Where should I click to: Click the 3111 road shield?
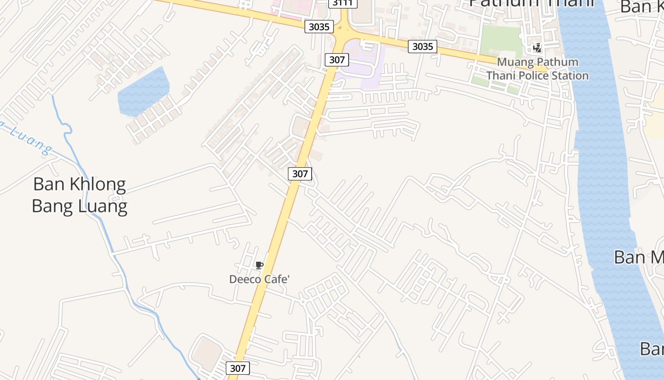pyautogui.click(x=342, y=3)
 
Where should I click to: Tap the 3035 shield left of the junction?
pyautogui.click(x=319, y=27)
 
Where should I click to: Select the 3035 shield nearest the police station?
pyautogui.click(x=423, y=46)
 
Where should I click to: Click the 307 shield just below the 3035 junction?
pyautogui.click(x=337, y=60)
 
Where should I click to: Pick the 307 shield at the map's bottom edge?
pyautogui.click(x=238, y=368)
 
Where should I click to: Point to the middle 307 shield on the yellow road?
pyautogui.click(x=300, y=174)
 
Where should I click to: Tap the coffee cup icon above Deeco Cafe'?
pyautogui.click(x=259, y=265)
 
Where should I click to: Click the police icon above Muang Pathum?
pyautogui.click(x=537, y=47)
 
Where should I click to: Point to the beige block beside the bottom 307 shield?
pyautogui.click(x=207, y=354)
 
